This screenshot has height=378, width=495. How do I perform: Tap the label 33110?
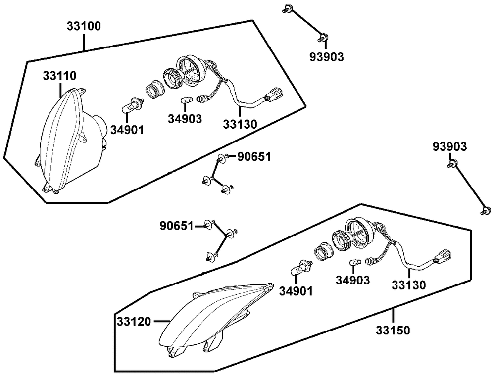[59, 76]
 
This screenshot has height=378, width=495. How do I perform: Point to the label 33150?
[393, 330]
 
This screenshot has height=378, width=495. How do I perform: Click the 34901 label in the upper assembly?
[127, 130]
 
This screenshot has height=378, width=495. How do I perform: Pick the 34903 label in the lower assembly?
[352, 281]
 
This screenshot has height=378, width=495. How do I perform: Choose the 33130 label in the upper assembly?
[240, 124]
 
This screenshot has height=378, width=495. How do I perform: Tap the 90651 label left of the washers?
[176, 226]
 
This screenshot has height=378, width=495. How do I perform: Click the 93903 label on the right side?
[449, 147]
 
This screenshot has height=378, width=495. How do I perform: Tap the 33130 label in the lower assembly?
[408, 285]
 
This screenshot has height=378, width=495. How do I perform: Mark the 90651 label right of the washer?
[254, 157]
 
